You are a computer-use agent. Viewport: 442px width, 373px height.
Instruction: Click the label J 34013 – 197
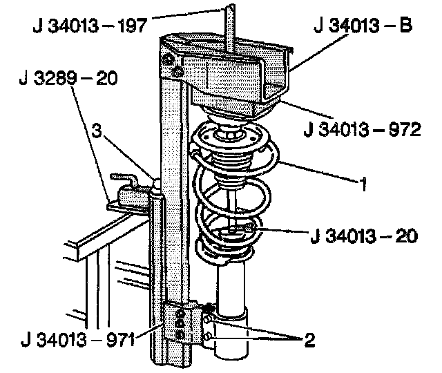click(x=90, y=26)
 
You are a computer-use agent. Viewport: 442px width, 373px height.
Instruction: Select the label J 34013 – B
click(x=363, y=26)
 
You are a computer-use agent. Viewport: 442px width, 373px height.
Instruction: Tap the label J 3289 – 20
click(x=68, y=78)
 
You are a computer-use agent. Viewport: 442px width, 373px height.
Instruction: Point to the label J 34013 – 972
click(x=362, y=129)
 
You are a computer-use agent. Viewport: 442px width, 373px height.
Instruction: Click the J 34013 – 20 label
click(x=364, y=236)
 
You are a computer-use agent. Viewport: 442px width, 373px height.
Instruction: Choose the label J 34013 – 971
click(x=78, y=339)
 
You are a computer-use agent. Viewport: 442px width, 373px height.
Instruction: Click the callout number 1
click(x=363, y=184)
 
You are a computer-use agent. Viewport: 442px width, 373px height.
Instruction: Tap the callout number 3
click(x=97, y=131)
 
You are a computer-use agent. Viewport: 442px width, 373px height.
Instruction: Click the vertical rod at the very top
click(x=230, y=28)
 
